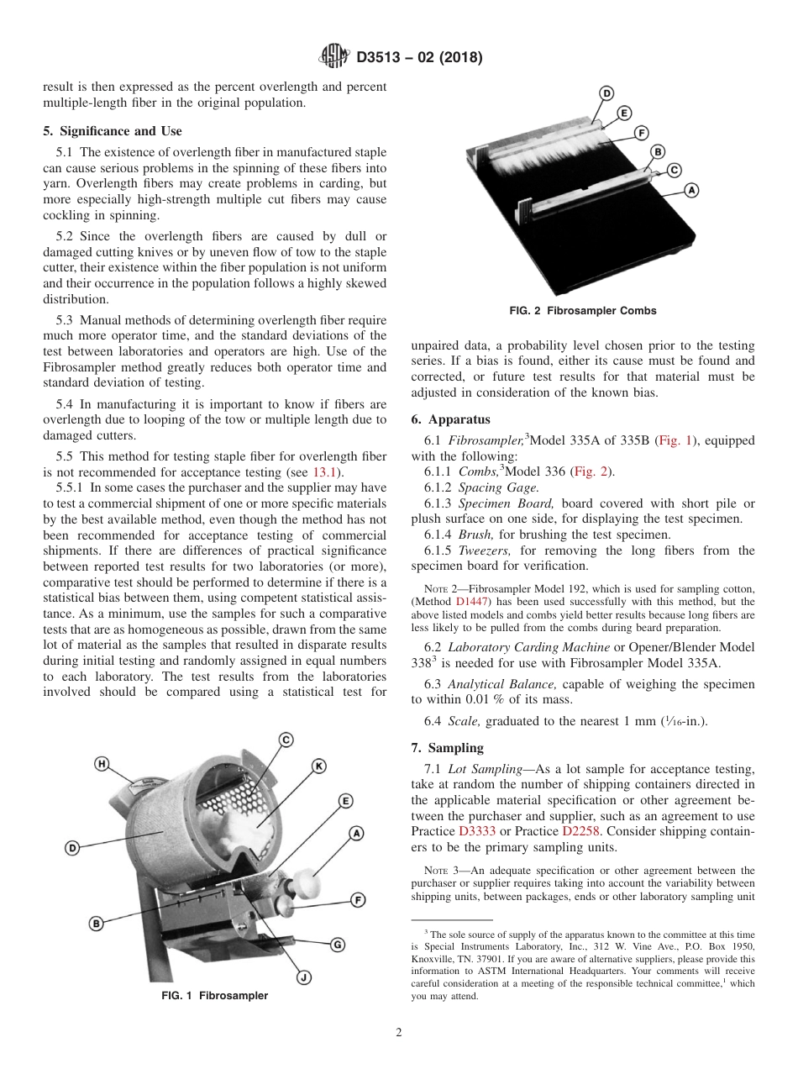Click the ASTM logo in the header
[x=334, y=57]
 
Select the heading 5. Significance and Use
[x=112, y=131]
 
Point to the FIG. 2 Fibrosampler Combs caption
[x=583, y=311]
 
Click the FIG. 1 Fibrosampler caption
[x=214, y=996]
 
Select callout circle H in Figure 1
[x=102, y=764]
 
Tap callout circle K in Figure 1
[x=319, y=766]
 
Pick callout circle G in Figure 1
[x=337, y=944]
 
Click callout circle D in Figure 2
[x=606, y=93]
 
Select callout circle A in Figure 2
[x=691, y=190]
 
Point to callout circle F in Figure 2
[x=641, y=133]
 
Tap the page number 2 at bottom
[x=399, y=1033]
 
